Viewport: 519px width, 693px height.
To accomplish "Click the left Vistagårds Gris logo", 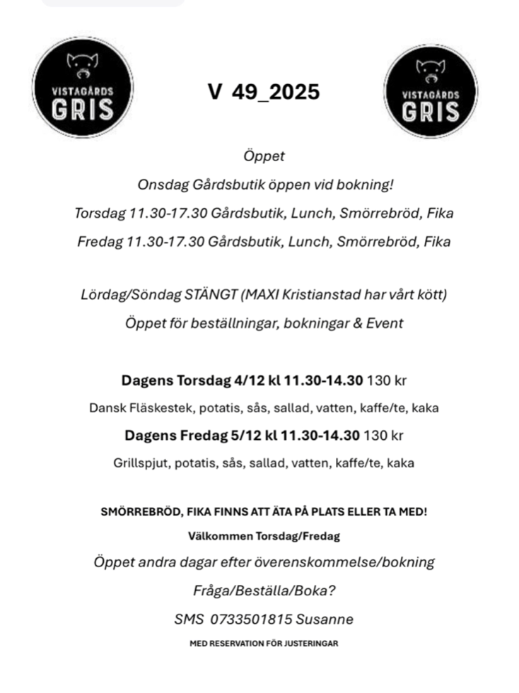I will coord(83,88).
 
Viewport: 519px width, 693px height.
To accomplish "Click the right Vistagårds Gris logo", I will coord(431,91).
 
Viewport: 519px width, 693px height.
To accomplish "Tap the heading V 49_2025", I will coord(264,92).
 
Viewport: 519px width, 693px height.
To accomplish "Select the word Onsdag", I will coord(159,185).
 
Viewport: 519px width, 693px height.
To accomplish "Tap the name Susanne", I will coord(325,619).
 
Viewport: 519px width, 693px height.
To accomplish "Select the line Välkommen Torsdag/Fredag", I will coord(264,536).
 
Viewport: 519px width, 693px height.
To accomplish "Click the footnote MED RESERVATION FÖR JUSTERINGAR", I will coord(264,643).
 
